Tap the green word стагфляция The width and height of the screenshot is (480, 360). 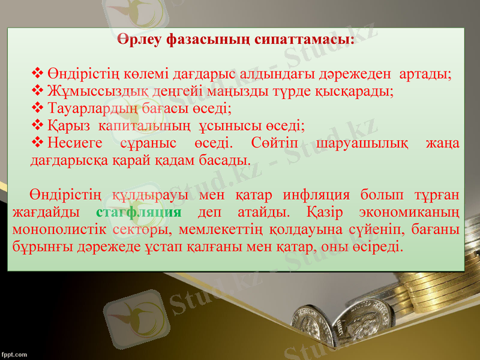tap(139, 212)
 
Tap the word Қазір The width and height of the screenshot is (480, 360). tap(324, 212)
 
